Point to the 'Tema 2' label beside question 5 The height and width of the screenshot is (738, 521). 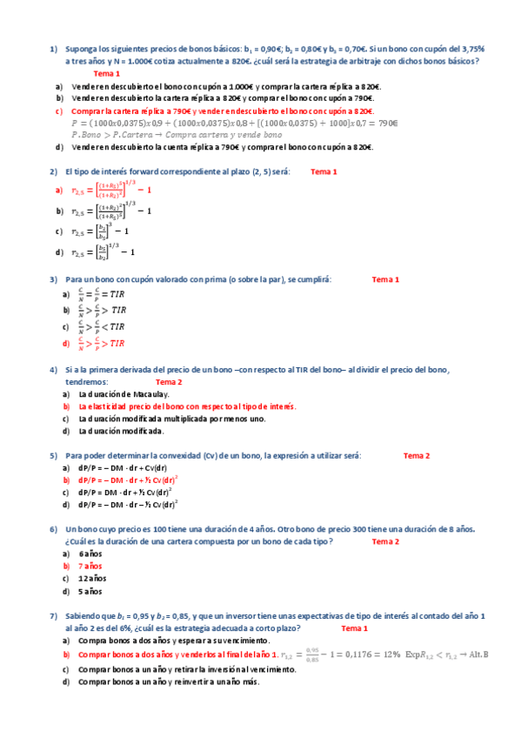pyautogui.click(x=417, y=455)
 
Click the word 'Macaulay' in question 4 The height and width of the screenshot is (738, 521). pyautogui.click(x=145, y=394)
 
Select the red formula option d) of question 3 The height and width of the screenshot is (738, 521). pyautogui.click(x=102, y=344)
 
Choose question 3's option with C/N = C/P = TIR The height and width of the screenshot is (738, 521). pyautogui.click(x=102, y=295)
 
